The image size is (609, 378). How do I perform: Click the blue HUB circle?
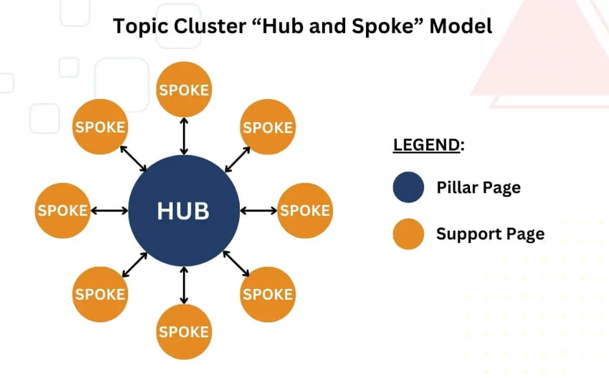[184, 211]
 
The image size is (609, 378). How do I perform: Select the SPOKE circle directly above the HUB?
[184, 89]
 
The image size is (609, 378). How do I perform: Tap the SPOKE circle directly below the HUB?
[184, 332]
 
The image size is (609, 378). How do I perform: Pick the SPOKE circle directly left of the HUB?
[63, 211]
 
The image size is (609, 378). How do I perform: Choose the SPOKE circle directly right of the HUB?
[305, 211]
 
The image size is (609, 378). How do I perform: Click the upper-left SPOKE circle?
[100, 127]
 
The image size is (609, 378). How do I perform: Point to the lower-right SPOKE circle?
[268, 294]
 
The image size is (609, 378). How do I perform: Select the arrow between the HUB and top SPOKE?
[184, 136]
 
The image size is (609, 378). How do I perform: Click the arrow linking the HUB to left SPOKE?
[109, 211]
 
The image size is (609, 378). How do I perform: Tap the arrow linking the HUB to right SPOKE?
[259, 211]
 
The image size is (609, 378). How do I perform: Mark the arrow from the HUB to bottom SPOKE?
[184, 285]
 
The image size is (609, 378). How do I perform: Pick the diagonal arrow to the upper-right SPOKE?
[238, 159]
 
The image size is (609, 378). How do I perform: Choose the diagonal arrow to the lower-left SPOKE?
[134, 265]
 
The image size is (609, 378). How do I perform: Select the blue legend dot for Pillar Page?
[408, 187]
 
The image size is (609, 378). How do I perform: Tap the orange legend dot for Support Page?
[408, 234]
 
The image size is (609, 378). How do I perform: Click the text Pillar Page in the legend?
[478, 188]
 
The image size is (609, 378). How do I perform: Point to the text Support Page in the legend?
[491, 235]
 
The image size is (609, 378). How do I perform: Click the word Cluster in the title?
[209, 26]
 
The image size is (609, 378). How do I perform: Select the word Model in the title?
[461, 26]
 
